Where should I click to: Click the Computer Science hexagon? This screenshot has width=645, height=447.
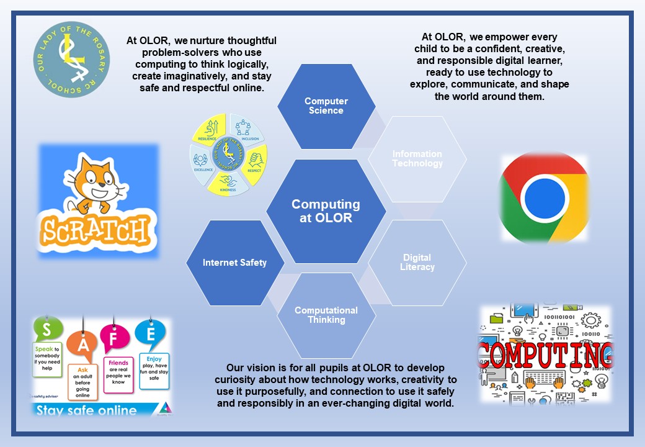tap(326, 106)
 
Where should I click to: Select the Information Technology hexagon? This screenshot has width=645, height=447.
tap(417, 159)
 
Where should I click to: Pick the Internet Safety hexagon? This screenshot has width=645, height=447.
tap(234, 263)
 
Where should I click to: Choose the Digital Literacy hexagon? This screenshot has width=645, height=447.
tap(417, 262)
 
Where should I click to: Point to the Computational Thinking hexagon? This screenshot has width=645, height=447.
tap(326, 315)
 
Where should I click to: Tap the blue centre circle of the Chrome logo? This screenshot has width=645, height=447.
tap(544, 198)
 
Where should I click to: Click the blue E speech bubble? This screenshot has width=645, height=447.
tap(151, 333)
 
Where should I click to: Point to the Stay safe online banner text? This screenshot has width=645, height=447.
tap(87, 410)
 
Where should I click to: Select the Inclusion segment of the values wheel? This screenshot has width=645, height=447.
tap(247, 129)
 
